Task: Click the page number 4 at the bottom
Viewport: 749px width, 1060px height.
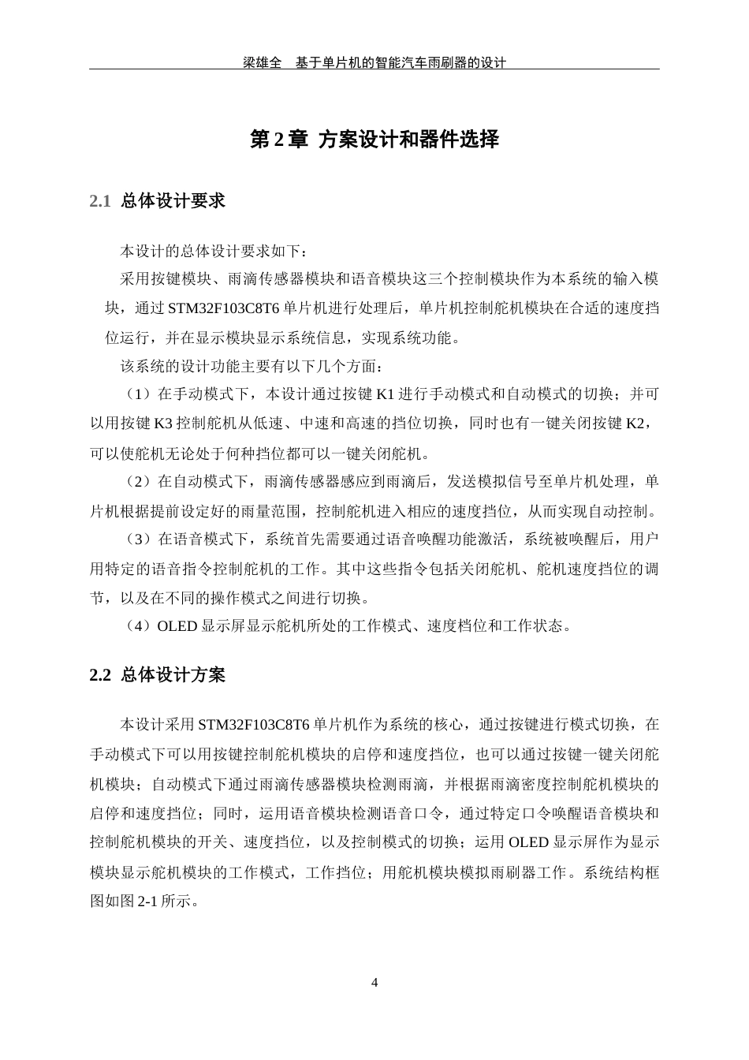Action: (374, 983)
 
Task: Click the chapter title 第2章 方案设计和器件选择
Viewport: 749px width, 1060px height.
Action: (374, 140)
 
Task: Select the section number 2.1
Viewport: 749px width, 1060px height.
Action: (101, 202)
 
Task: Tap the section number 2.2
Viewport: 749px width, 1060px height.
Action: (101, 676)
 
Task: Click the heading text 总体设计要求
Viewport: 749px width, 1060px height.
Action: (173, 202)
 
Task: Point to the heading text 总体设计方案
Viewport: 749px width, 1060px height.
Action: (173, 676)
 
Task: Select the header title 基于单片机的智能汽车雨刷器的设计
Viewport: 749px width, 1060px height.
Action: (400, 62)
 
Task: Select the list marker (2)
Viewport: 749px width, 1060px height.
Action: (138, 483)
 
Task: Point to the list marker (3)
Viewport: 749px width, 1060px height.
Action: (138, 541)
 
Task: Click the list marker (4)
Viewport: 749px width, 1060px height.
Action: (138, 627)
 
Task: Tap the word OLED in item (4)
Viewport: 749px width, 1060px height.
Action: (178, 627)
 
